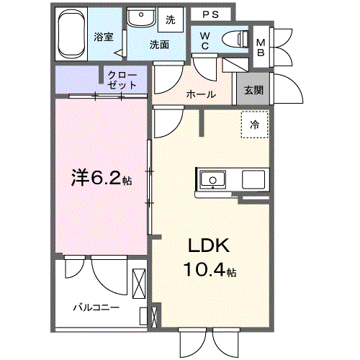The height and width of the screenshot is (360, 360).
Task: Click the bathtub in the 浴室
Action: point(71,34)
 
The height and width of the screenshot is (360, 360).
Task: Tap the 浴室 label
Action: point(104,37)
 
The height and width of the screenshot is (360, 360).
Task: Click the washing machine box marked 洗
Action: point(171,19)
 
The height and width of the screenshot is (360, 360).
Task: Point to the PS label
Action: point(211,14)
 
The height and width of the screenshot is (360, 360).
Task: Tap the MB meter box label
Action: point(261,48)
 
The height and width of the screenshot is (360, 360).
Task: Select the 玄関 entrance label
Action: point(253,90)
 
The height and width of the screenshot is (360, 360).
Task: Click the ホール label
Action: point(201,94)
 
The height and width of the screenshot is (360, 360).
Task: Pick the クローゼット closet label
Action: point(122,80)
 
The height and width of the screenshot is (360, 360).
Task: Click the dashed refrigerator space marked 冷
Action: point(255,125)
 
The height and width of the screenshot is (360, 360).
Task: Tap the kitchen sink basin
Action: point(213,179)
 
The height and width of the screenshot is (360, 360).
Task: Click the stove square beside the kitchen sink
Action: point(253,179)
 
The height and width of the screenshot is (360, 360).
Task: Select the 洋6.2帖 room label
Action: point(102,179)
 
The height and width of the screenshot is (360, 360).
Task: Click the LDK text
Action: point(209,246)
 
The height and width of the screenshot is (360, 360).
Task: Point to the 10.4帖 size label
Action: point(210,269)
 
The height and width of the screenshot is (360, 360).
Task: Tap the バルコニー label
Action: point(96,307)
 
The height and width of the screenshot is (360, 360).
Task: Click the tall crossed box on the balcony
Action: point(139,284)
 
